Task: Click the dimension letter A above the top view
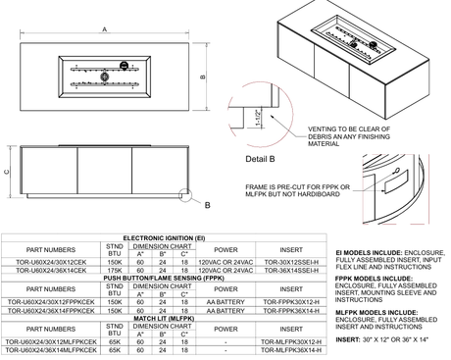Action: click(104, 30)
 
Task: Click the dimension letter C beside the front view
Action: click(9, 172)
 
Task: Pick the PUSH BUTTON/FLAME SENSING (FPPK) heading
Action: click(164, 278)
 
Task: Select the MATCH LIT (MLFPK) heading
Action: click(164, 318)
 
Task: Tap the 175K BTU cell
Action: click(115, 270)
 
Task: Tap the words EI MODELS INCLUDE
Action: click(370, 252)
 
